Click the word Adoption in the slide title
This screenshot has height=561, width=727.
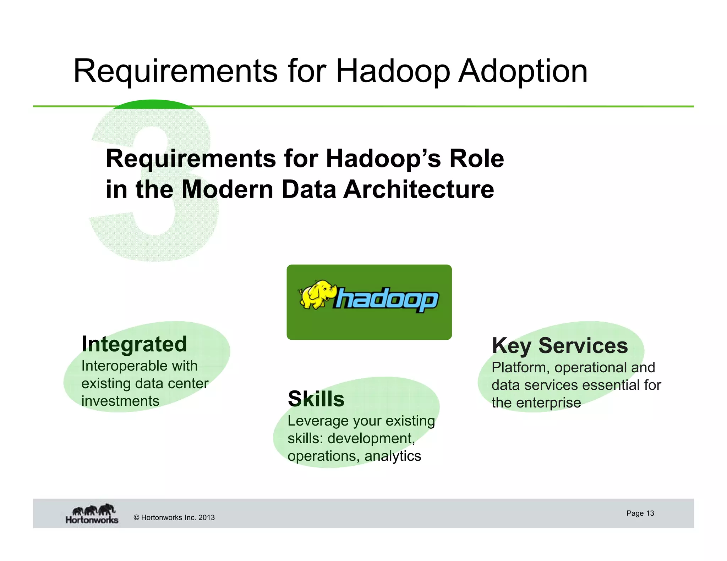(x=523, y=71)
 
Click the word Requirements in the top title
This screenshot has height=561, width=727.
(x=175, y=71)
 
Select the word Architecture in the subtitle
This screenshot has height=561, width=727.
(x=419, y=189)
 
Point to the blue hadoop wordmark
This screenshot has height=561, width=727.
(x=386, y=300)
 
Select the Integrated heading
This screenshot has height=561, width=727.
(x=134, y=344)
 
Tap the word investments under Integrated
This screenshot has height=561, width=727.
(x=120, y=401)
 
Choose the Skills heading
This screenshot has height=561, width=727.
(x=316, y=399)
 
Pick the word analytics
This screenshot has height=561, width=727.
(x=393, y=456)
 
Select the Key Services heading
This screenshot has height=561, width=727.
(x=560, y=346)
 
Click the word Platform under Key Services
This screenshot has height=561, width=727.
(x=520, y=368)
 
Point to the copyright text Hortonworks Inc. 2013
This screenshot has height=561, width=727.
(x=174, y=517)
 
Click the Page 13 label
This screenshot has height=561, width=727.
(x=640, y=513)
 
